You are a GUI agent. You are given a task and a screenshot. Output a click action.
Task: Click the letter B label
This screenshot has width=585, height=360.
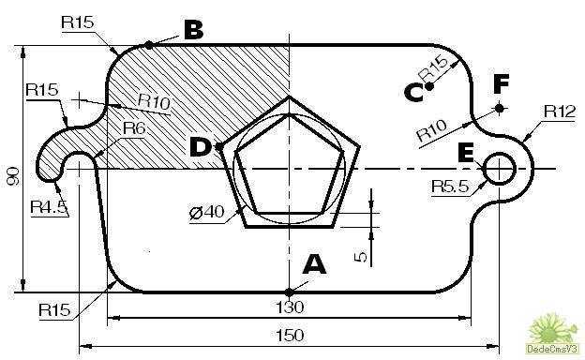(194, 30)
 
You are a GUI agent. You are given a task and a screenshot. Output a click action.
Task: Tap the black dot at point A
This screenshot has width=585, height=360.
(289, 292)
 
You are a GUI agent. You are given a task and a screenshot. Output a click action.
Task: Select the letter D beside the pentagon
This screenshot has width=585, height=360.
(200, 147)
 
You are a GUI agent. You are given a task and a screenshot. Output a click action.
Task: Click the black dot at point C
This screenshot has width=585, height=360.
(429, 87)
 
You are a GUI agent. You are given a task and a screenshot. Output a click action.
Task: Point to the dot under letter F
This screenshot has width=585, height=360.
(500, 108)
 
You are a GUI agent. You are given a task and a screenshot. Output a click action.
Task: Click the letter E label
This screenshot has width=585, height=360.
(466, 153)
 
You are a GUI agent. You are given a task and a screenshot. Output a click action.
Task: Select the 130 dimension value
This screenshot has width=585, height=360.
(290, 307)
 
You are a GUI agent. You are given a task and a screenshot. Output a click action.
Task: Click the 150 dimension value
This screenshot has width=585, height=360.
(290, 336)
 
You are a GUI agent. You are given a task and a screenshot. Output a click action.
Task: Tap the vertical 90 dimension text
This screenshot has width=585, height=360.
(13, 176)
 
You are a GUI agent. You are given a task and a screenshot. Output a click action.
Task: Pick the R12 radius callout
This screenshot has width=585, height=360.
(560, 112)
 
